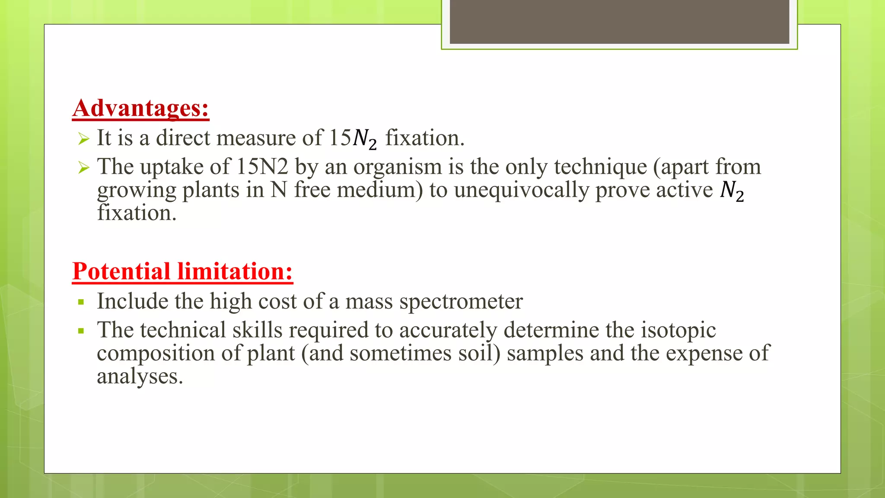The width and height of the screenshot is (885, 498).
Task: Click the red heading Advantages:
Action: tap(141, 108)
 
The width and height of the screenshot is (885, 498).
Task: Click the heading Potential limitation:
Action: tap(182, 271)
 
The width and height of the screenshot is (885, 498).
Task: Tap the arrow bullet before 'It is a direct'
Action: tap(83, 139)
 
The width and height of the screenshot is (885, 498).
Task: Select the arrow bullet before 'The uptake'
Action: tap(83, 168)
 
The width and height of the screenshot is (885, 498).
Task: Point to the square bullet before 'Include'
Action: tap(81, 302)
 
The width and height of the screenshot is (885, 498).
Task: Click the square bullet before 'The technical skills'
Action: tap(81, 331)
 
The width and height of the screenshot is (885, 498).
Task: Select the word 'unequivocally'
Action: tap(521, 190)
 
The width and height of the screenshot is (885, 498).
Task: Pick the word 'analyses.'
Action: tap(140, 376)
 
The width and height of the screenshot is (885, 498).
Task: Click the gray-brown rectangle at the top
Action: tap(619, 22)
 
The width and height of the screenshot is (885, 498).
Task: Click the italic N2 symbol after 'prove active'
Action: tap(732, 191)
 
